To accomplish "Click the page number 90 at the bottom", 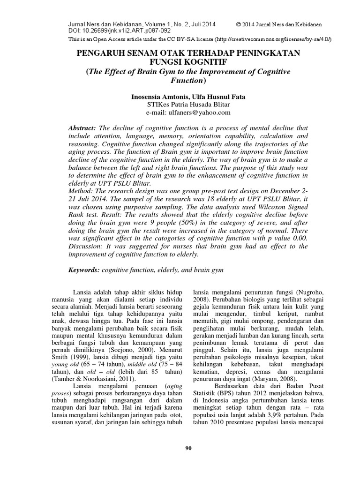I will [x=189, y=449].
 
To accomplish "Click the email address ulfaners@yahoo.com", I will [x=189, y=112].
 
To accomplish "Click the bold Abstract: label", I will [x=82, y=128].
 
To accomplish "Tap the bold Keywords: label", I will [x=84, y=270].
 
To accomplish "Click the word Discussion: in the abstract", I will [x=86, y=246].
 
